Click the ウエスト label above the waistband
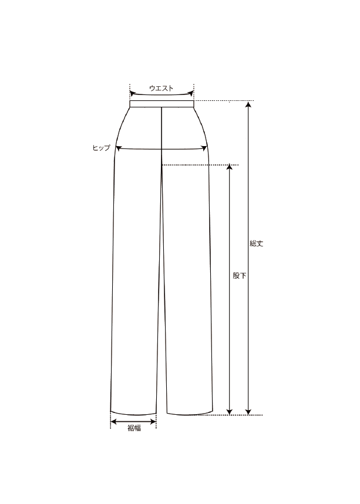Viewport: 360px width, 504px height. [161, 89]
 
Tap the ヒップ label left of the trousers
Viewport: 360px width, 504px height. [102, 148]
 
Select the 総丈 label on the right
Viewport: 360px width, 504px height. [257, 243]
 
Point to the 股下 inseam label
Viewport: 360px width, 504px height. [240, 275]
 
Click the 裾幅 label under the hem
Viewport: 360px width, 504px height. [134, 428]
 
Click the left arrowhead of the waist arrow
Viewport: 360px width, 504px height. [132, 93]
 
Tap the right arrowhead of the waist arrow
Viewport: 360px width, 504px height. [191, 93]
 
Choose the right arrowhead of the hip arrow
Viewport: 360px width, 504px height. [204, 148]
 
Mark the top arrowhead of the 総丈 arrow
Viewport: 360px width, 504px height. [248, 104]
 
